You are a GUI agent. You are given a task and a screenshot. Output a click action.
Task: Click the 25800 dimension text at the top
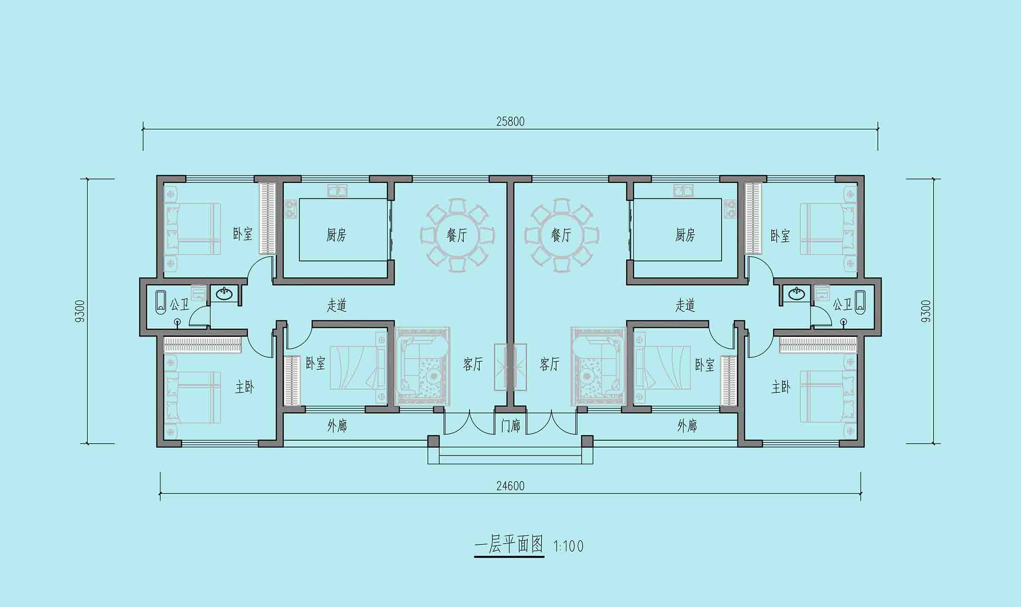[510, 121]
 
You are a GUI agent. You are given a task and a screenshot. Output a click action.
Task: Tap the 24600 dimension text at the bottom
[510, 486]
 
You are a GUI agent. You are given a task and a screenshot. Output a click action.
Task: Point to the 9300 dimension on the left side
[81, 311]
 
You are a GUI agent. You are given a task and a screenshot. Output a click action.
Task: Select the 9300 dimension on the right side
[926, 311]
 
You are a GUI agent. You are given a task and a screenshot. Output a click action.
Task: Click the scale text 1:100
[568, 547]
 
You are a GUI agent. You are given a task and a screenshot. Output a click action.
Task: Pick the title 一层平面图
[509, 545]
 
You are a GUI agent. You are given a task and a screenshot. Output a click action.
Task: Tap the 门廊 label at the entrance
[510, 426]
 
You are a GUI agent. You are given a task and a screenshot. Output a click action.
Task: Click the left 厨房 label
[336, 235]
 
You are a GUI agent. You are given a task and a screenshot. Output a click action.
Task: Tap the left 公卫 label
[179, 305]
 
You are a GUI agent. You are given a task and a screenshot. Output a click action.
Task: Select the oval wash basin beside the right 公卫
[796, 294]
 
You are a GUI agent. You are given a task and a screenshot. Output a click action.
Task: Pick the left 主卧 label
[244, 387]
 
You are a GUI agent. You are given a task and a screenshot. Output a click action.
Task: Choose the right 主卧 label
[781, 387]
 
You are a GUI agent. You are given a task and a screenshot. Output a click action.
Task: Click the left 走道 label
[336, 305]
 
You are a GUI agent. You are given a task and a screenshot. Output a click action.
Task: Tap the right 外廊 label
[687, 426]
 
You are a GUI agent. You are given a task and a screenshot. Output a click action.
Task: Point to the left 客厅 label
[472, 364]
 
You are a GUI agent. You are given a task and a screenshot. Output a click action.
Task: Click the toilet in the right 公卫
[844, 322]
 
